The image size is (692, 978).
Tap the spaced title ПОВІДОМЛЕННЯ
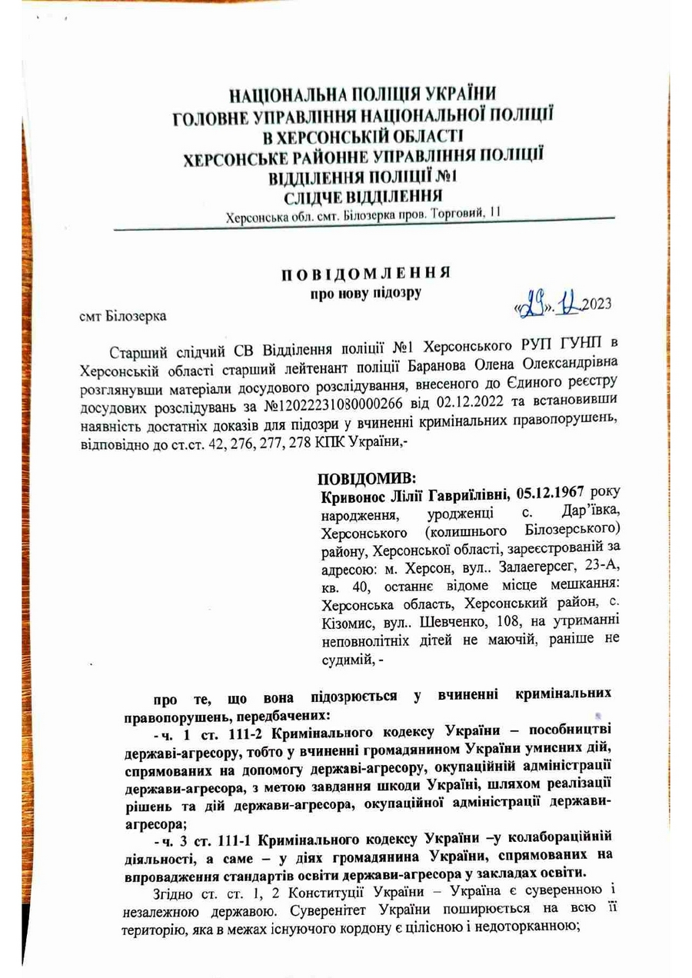pyautogui.click(x=364, y=274)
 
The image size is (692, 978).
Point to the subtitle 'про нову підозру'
pyautogui.click(x=365, y=293)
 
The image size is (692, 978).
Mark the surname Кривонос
pyautogui.click(x=356, y=497)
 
